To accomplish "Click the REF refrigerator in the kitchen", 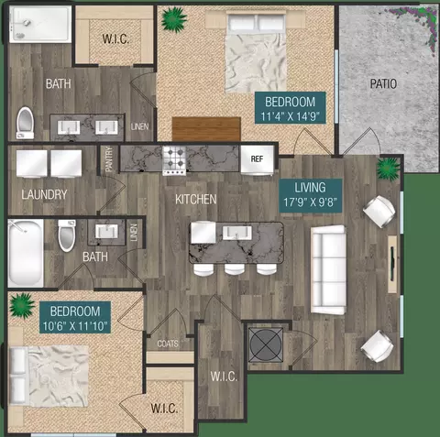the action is pyautogui.click(x=257, y=159).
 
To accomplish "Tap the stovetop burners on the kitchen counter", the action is pyautogui.click(x=174, y=160).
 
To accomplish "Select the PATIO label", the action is pyautogui.click(x=383, y=83).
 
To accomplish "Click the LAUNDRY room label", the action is pyautogui.click(x=44, y=194).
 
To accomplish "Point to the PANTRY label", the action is pyautogui.click(x=109, y=158).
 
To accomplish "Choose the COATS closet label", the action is pyautogui.click(x=168, y=344).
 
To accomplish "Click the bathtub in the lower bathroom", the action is pyautogui.click(x=26, y=253).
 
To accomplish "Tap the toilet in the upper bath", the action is pyautogui.click(x=25, y=123).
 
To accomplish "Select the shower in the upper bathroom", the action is pyautogui.click(x=39, y=24).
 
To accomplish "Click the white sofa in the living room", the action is pyautogui.click(x=328, y=270).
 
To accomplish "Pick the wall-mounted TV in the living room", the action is pyautogui.click(x=393, y=264).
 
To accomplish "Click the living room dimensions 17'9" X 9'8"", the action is pyautogui.click(x=310, y=202).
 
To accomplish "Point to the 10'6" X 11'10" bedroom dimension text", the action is pyautogui.click(x=75, y=326).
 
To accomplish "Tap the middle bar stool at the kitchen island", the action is pyautogui.click(x=235, y=269).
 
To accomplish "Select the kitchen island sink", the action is pyautogui.click(x=237, y=233).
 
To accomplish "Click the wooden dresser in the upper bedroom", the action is pyautogui.click(x=206, y=129).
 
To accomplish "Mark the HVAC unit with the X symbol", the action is pyautogui.click(x=266, y=344).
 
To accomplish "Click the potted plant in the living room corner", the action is pyautogui.click(x=388, y=169).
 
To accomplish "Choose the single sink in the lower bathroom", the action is pyautogui.click(x=106, y=232).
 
